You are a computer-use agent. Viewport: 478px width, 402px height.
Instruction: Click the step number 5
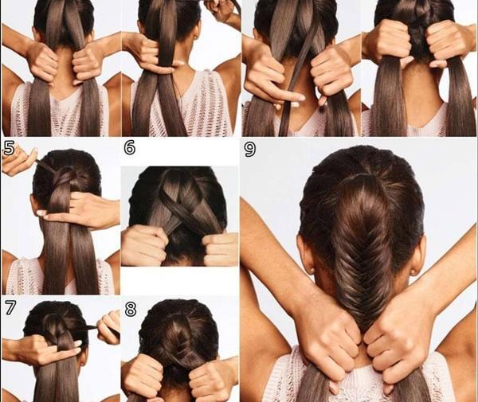9,149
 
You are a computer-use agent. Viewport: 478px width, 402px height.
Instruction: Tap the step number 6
130,148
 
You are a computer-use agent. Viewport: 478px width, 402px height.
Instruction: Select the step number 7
10,307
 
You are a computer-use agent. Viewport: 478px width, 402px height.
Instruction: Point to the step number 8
131,309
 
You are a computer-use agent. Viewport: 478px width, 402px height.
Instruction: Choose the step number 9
250,150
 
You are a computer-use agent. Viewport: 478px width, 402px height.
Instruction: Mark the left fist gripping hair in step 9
329,341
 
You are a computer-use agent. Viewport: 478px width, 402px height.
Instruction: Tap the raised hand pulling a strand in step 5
18,160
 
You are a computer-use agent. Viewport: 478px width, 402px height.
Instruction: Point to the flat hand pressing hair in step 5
80,210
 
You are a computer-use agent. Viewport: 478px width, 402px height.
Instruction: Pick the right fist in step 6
220,248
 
